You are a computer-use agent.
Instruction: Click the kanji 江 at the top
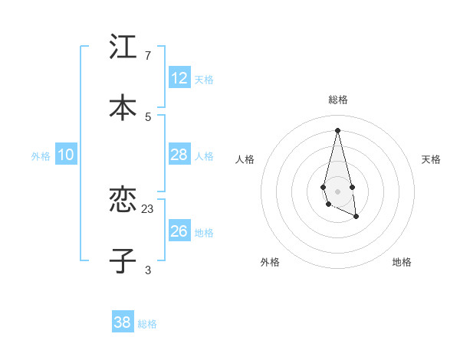pos(123,47)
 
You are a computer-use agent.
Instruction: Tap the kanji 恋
pos(123,200)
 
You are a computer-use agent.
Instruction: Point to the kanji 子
pos(123,261)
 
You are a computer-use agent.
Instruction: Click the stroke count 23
pos(148,208)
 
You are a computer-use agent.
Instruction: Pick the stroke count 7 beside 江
pos(148,55)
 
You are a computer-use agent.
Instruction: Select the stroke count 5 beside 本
pos(148,116)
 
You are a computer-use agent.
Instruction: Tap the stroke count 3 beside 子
pos(148,270)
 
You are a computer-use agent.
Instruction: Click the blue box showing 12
pos(179,78)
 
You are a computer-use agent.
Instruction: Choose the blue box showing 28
pos(179,155)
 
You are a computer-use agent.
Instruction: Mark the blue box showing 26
pos(179,231)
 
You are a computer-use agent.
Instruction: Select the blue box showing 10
pos(66,155)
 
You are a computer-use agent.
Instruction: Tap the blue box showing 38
pos(123,322)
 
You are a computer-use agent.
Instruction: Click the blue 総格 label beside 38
pos(148,324)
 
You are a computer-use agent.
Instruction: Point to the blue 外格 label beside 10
pos(41,156)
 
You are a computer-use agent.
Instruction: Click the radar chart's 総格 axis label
pos(338,100)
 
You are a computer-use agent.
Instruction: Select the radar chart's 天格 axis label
pos(432,159)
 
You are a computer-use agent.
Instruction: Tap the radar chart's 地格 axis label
pos(402,262)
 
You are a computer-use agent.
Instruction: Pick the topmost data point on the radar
pos(337,130)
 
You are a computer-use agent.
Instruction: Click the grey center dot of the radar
pos(337,191)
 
